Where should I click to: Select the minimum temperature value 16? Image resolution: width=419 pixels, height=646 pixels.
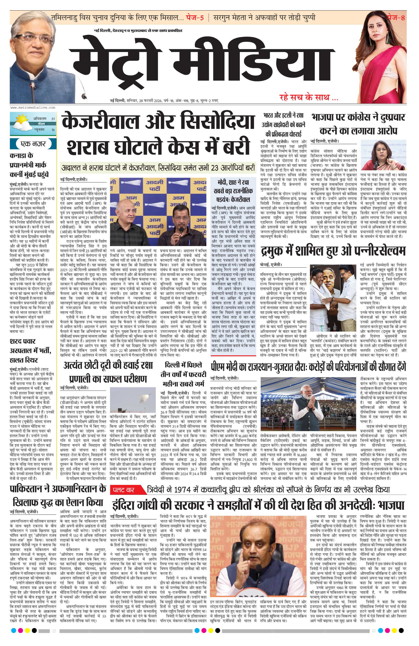53,130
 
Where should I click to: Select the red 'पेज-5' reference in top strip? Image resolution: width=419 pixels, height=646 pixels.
195,18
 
